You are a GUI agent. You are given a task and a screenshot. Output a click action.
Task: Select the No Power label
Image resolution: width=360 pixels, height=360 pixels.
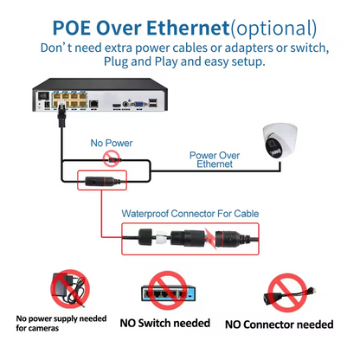[109, 141]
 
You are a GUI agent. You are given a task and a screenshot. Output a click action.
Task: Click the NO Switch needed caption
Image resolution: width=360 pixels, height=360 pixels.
[164, 324]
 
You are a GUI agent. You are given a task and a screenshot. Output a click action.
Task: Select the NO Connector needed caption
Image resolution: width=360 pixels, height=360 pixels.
[279, 325]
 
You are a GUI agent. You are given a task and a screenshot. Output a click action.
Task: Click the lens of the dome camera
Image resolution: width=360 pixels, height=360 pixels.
[276, 146]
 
